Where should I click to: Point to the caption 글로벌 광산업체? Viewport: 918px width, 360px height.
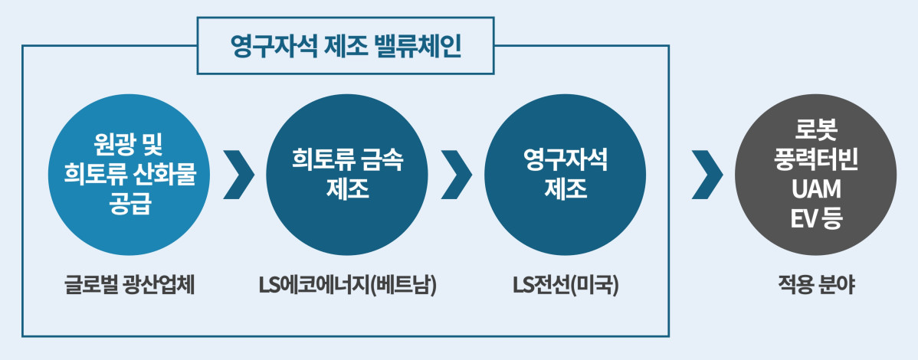130,286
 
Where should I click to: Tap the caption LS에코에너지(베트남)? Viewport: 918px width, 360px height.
347,286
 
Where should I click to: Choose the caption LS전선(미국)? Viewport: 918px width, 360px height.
566,286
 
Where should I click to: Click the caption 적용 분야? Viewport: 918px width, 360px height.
815,286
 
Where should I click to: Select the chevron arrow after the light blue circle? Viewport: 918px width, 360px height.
239,175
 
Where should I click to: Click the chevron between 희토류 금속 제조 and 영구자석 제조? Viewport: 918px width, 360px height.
457,175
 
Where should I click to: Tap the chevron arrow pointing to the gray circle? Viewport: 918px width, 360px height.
706,175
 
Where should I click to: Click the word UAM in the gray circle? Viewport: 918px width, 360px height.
815,188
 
